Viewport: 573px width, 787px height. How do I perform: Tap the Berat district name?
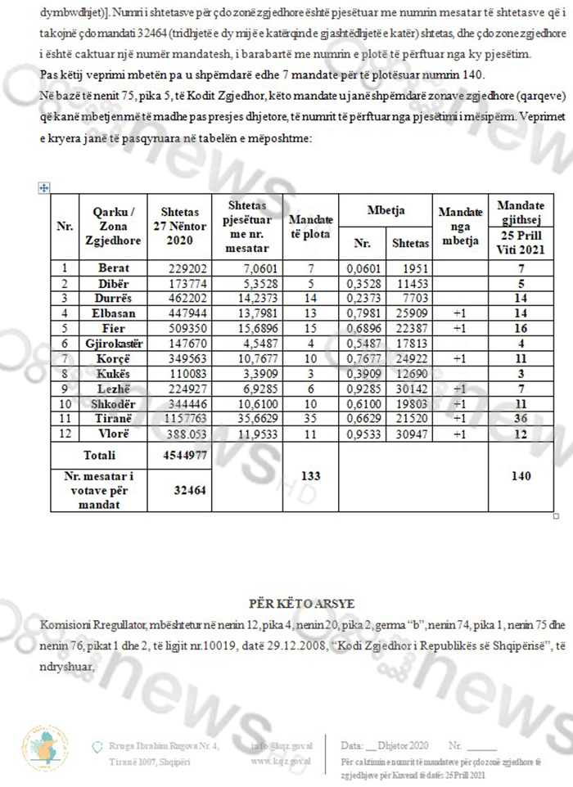point(113,268)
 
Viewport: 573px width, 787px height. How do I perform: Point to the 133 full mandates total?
point(311,474)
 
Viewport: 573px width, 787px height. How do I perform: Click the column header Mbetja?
point(387,209)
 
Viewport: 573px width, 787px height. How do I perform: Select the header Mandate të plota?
point(311,226)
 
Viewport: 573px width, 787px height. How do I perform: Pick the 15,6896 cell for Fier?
point(246,326)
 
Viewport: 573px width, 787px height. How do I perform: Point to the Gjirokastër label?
point(113,341)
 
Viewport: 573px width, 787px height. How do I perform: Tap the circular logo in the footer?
point(41,745)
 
